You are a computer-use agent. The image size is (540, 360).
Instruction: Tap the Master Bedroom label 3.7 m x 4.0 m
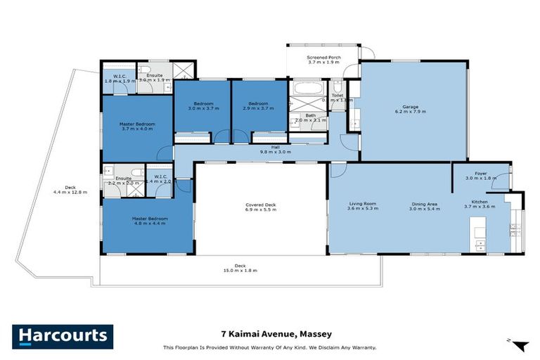pos(137,126)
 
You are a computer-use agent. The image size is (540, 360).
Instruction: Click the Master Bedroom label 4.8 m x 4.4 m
pos(148,221)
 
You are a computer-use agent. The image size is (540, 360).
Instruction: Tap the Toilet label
pos(338,97)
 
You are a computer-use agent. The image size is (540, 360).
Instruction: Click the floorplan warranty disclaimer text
pos(269,347)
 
